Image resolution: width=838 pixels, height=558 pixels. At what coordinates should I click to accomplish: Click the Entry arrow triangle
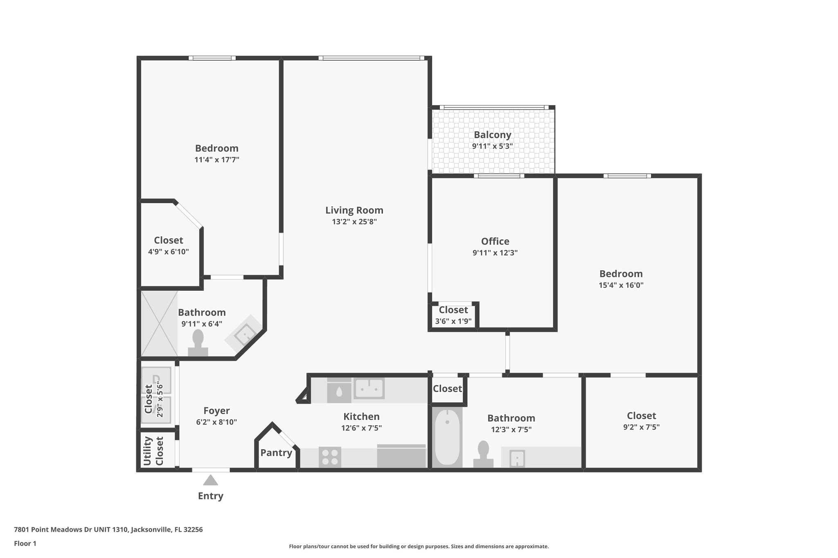210,480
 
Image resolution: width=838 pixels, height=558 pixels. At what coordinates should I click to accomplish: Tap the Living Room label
354,210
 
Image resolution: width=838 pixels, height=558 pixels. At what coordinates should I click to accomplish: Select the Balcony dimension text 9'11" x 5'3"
492,146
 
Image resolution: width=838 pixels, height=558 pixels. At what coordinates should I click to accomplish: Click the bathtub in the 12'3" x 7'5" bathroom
447,437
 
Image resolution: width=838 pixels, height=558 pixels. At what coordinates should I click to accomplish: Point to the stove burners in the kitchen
330,457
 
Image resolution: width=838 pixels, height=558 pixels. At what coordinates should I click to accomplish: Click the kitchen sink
369,388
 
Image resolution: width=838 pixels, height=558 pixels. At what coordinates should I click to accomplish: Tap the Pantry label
276,453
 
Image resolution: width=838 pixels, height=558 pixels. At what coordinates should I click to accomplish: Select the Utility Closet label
153,451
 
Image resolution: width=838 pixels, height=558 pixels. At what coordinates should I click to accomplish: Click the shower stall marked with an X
159,323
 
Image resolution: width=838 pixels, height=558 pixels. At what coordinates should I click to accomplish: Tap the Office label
495,241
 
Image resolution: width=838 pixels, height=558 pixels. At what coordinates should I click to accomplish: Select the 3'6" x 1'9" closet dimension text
453,321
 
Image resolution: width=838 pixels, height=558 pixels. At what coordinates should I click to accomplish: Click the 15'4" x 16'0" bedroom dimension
621,285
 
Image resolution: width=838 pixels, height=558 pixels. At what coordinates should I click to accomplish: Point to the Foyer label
216,410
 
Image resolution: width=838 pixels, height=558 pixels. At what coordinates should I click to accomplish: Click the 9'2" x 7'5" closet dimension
641,427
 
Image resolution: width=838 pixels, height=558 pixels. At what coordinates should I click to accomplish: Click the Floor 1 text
25,544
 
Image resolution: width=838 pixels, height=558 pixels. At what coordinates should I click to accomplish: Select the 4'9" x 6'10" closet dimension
168,252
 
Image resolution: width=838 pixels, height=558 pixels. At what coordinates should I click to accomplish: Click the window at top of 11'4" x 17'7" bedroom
212,58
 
